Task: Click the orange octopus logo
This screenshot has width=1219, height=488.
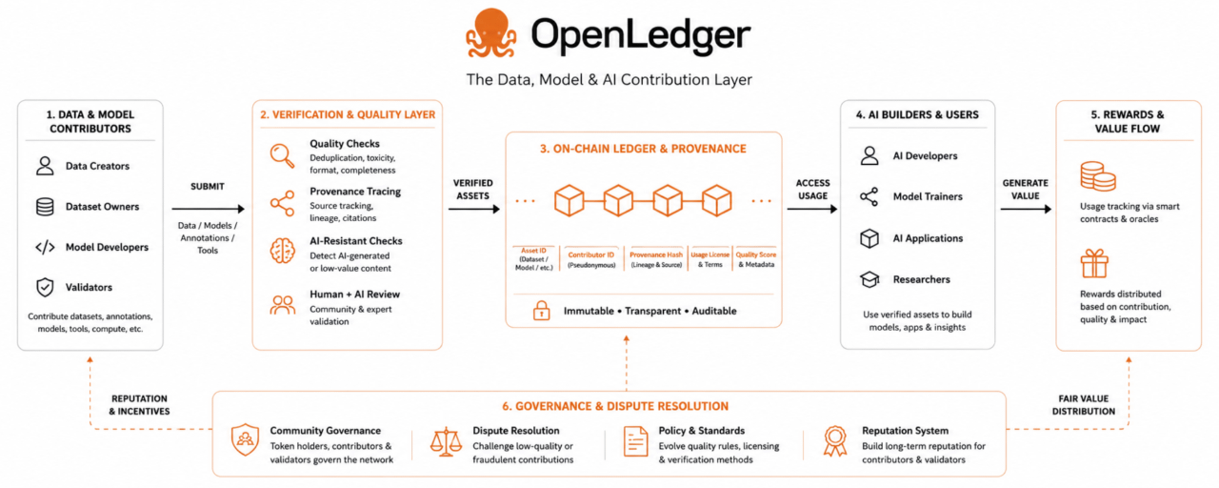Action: tap(490, 32)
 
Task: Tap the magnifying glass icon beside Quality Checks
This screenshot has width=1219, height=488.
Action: tap(283, 155)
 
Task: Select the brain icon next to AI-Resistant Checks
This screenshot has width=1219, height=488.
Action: tap(283, 251)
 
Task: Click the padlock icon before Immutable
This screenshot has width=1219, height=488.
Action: tap(541, 311)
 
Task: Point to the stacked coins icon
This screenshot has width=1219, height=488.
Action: tap(1098, 176)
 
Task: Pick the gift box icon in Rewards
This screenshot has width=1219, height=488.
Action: tap(1094, 263)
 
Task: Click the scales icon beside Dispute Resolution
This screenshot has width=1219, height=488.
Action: tap(446, 441)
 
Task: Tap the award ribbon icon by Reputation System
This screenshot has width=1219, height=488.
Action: tap(835, 441)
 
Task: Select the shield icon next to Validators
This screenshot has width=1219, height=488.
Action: tap(45, 287)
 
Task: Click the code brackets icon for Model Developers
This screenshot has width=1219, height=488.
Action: tap(45, 247)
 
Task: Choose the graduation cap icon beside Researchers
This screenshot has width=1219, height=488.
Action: tap(869, 279)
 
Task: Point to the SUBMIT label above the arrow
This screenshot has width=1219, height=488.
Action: tap(208, 186)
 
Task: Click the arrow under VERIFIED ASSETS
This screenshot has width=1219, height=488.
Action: tap(474, 209)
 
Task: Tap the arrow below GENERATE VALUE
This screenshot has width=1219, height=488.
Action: tap(1026, 209)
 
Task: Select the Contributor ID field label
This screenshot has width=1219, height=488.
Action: tap(591, 254)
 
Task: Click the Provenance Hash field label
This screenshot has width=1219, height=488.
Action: tap(656, 254)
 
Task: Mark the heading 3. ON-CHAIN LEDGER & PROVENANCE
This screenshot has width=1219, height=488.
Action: tap(643, 149)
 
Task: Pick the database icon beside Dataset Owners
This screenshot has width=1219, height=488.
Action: tap(45, 207)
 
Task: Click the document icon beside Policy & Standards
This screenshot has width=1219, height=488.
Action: tap(635, 441)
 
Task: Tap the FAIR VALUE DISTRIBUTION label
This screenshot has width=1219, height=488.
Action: tap(1084, 405)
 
